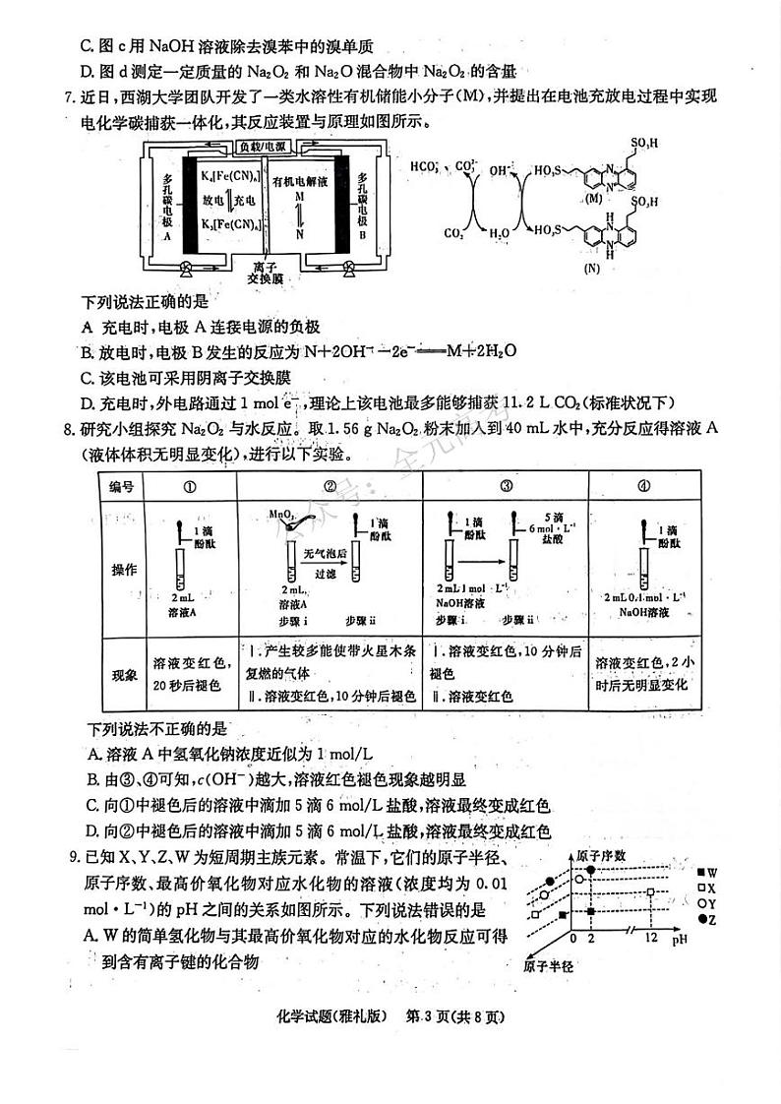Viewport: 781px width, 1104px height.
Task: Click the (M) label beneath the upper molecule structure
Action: [593, 199]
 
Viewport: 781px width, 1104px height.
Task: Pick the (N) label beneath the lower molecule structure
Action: [591, 267]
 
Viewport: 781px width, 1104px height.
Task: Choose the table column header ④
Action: [643, 485]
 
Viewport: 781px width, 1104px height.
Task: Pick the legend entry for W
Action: [705, 873]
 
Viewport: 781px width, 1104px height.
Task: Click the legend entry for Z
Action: [705, 918]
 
